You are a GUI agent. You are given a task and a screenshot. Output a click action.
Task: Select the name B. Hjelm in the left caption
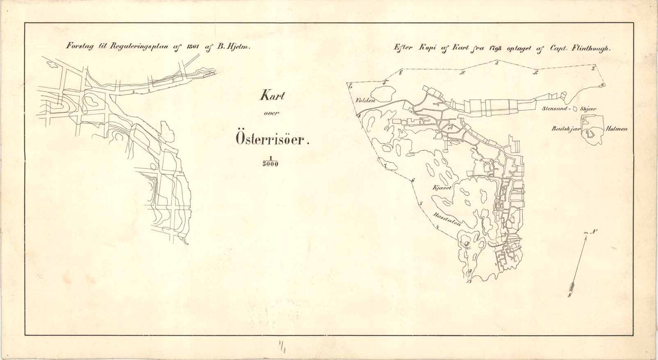click(235, 46)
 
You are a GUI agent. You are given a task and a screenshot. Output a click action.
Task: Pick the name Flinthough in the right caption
click(589, 48)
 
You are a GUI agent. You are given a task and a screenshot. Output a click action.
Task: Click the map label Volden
click(365, 100)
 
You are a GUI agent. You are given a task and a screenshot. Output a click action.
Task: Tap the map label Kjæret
click(441, 187)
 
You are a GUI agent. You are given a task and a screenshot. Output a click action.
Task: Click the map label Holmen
click(617, 129)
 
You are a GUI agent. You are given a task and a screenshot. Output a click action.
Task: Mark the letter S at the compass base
click(570, 295)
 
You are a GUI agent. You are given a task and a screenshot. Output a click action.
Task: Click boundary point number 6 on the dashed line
click(413, 181)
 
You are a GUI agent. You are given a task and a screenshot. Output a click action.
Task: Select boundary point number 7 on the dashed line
click(385, 166)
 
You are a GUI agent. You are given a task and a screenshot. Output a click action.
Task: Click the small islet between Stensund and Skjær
click(576, 109)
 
